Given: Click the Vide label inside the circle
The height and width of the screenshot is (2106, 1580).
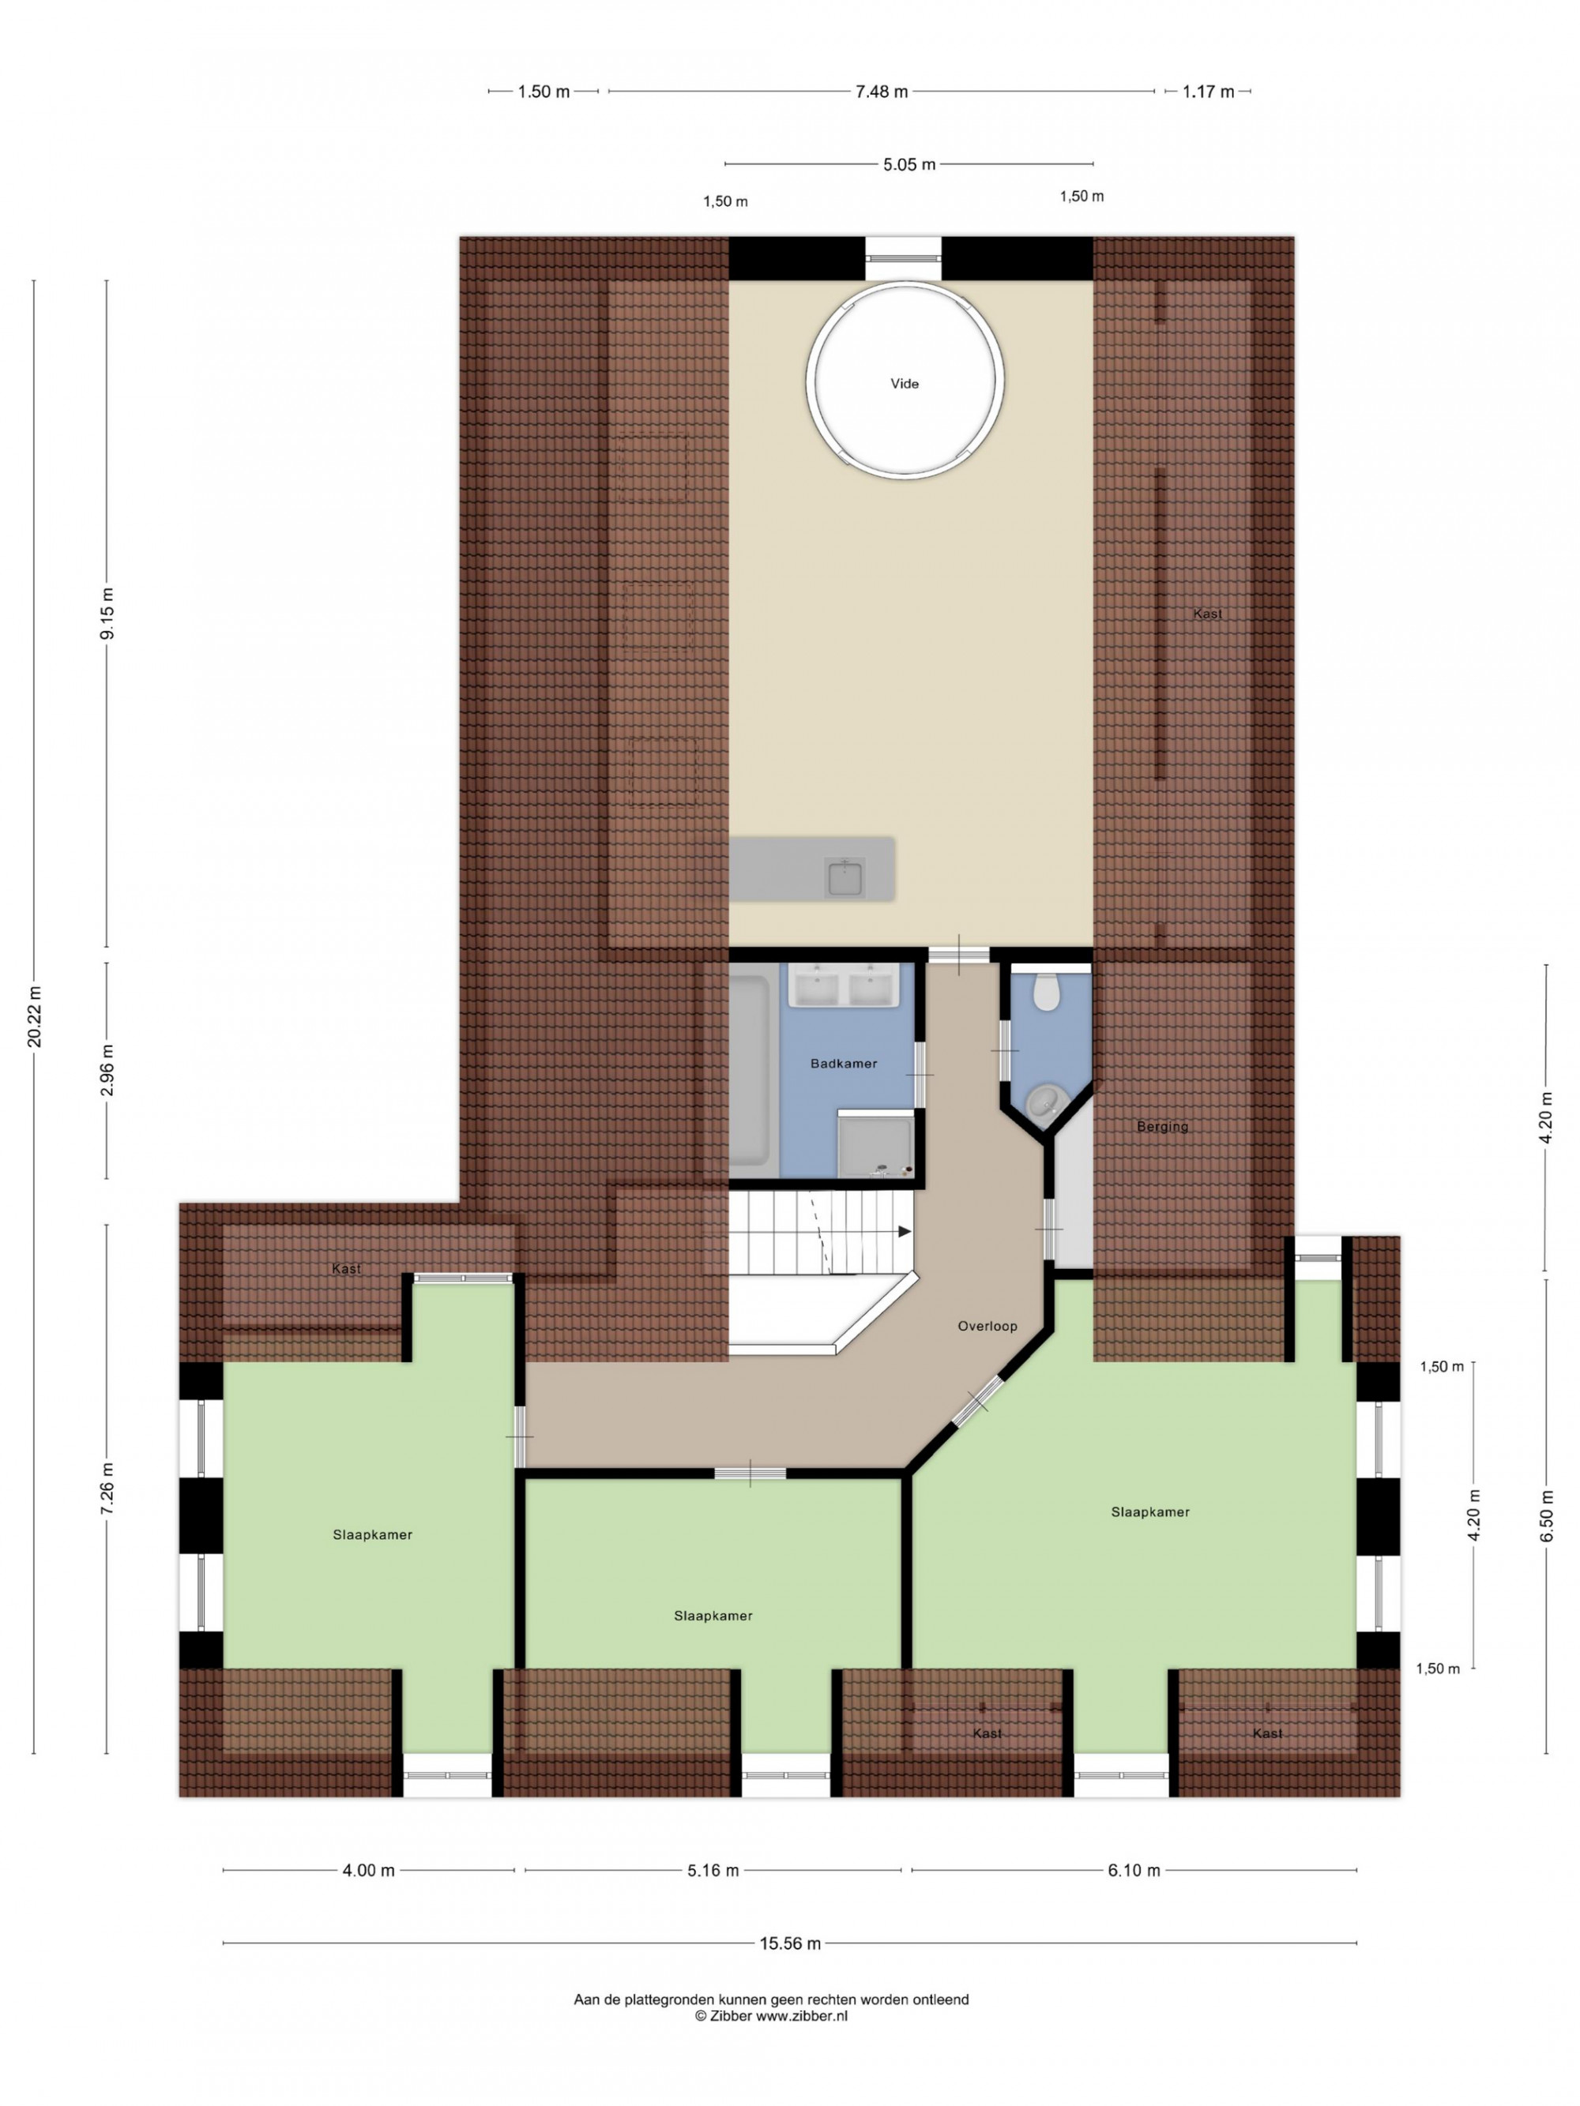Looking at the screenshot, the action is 904,384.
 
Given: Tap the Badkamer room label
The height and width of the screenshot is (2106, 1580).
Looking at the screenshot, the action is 843,1064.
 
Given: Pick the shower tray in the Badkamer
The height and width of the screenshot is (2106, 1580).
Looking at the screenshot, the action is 875,1144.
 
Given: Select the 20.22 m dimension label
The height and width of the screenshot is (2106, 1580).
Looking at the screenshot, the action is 34,1018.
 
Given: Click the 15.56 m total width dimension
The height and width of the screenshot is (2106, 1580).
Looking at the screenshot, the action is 789,1944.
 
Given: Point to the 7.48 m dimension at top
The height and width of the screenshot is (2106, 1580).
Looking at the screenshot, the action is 881,92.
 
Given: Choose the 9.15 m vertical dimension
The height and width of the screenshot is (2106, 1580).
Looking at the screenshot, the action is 107,615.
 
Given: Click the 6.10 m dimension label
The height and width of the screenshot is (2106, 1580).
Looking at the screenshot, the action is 1134,1871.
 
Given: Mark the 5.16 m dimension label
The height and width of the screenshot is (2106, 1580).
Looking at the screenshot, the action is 713,1871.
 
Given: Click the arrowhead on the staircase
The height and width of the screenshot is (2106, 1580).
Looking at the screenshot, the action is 905,1232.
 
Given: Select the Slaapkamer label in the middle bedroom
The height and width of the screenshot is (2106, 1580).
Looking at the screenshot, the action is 713,1616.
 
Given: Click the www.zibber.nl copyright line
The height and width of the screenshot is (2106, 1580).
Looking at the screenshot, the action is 770,2015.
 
